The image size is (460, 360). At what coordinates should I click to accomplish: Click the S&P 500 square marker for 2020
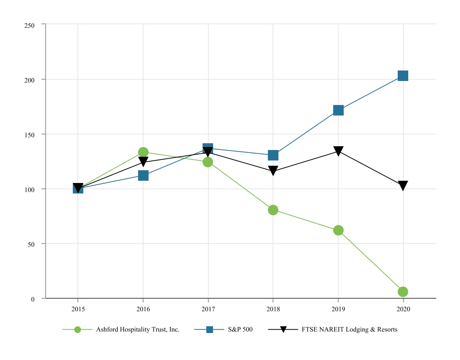pyautogui.click(x=403, y=76)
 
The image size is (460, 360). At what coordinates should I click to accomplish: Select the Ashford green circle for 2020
pyautogui.click(x=403, y=291)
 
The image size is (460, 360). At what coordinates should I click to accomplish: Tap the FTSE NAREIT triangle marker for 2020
pyautogui.click(x=403, y=186)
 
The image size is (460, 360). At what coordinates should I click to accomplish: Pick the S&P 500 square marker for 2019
pyautogui.click(x=338, y=110)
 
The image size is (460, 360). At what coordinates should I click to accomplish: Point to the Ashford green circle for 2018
pyautogui.click(x=273, y=210)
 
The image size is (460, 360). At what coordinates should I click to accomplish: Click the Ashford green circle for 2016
pyautogui.click(x=143, y=152)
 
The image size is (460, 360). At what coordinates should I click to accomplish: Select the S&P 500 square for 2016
pyautogui.click(x=143, y=175)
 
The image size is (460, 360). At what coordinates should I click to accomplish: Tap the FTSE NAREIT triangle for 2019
pyautogui.click(x=338, y=151)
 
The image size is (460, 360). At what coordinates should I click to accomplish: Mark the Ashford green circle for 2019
pyautogui.click(x=338, y=230)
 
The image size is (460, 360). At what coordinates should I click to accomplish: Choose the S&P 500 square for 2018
pyautogui.click(x=273, y=155)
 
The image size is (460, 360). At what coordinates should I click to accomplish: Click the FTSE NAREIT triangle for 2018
pyautogui.click(x=273, y=171)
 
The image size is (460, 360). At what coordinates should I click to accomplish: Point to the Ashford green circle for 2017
pyautogui.click(x=208, y=162)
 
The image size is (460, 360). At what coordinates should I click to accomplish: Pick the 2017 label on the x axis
pyautogui.click(x=208, y=310)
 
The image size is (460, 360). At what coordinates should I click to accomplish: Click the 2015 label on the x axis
pyautogui.click(x=78, y=310)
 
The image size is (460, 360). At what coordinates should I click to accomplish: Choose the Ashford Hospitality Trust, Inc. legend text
pyautogui.click(x=138, y=330)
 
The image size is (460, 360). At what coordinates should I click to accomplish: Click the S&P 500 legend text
pyautogui.click(x=240, y=330)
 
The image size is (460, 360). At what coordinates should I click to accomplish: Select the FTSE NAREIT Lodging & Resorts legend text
pyautogui.click(x=349, y=330)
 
